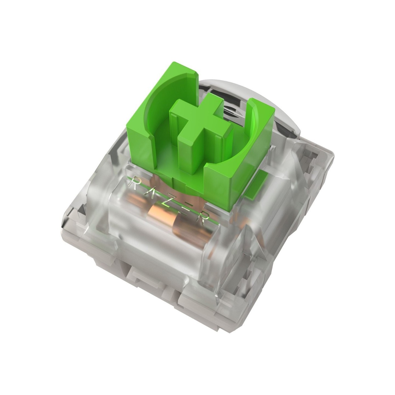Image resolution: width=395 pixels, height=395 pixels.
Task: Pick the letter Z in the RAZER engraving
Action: click(x=170, y=198)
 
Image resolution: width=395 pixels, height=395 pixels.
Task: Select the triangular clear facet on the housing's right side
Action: click(x=304, y=176)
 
